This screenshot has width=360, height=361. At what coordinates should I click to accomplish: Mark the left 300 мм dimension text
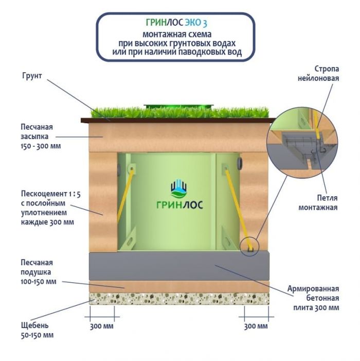tap(101, 326)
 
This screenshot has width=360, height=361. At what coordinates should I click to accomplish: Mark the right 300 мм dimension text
tap(256, 326)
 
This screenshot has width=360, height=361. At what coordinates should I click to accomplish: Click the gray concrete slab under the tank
tap(180, 266)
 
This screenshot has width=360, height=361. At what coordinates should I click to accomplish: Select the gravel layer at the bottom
tap(180, 298)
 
